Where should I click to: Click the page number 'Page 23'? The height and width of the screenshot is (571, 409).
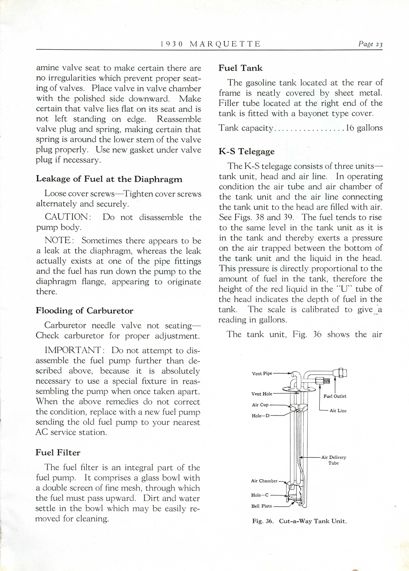coord(370,44)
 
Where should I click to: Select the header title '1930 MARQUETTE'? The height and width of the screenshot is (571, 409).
coord(210,44)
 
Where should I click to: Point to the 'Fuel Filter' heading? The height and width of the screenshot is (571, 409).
coord(58,452)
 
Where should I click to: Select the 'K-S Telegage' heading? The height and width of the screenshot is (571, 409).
coord(247,151)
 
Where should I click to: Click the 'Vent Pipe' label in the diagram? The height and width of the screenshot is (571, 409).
coord(262,373)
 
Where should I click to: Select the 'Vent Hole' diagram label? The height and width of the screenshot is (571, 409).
coord(262,394)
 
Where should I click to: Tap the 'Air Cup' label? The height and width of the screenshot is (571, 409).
coord(260,405)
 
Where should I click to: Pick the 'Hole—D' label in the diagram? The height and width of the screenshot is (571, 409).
coord(260,416)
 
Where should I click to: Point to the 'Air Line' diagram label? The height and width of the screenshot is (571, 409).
coord(338,411)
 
